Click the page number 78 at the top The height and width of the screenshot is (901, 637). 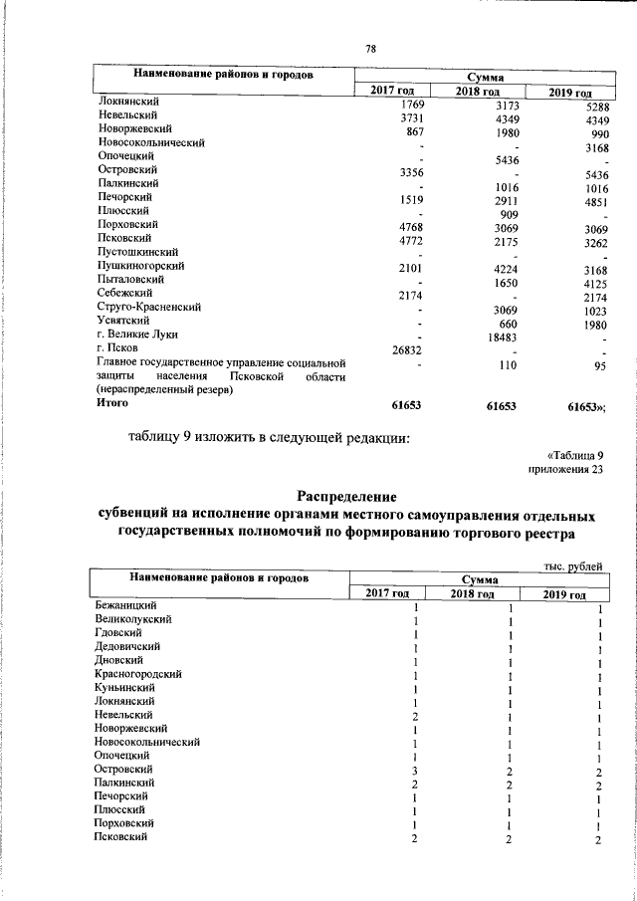(x=371, y=49)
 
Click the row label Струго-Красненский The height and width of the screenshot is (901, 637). (x=145, y=309)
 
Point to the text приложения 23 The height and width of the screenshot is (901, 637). (x=565, y=470)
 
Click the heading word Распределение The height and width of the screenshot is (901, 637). (x=347, y=496)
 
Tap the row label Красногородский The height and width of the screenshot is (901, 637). (x=138, y=674)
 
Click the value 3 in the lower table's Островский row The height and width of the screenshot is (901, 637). (x=415, y=770)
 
